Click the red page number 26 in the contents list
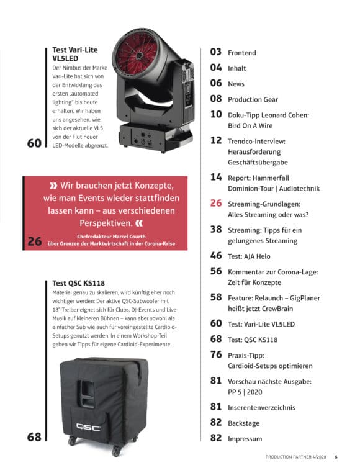tap(216, 203)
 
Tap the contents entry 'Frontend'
tap(241, 53)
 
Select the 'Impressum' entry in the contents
tap(245, 439)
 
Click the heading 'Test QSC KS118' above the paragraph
tap(78, 283)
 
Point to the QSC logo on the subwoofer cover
tap(88, 426)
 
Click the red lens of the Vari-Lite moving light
tap(139, 55)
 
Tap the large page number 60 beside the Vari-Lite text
tap(34, 143)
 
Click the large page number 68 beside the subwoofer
tap(34, 436)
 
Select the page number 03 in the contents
tap(216, 52)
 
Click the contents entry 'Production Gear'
tap(253, 99)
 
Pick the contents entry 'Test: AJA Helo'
tap(249, 256)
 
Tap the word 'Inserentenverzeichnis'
tap(261, 408)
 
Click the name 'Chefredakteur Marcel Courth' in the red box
tap(111, 236)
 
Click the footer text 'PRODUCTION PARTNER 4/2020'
tap(295, 457)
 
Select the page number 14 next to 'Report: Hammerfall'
tap(216, 177)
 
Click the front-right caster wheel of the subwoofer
tap(116, 451)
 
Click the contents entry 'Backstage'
tap(243, 423)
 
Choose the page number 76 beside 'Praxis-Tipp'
tap(216, 354)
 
